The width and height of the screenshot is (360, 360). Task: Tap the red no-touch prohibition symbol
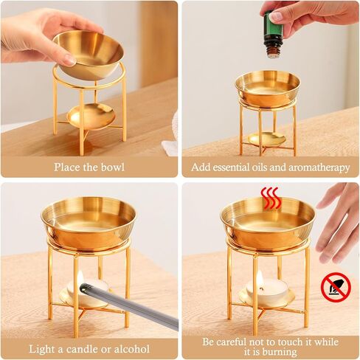(x=336, y=287)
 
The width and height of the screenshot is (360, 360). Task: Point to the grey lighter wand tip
(x=83, y=287)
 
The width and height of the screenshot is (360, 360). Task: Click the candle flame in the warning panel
(x=260, y=279)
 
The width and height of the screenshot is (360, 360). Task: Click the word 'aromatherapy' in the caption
(x=319, y=167)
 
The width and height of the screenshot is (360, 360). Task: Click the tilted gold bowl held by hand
(x=89, y=54)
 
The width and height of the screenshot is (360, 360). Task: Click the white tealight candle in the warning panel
(x=266, y=291)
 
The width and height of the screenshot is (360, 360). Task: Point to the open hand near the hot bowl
(x=338, y=222)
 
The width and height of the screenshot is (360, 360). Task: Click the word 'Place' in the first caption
(x=67, y=167)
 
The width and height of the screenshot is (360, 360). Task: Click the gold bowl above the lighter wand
(x=89, y=224)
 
